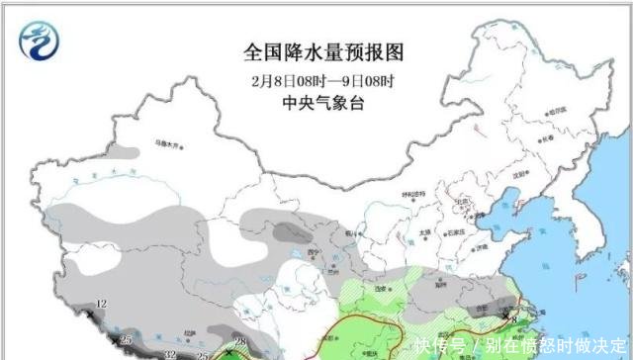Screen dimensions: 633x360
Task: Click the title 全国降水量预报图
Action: pyautogui.click(x=323, y=49)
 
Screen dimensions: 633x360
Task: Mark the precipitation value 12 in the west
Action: pyautogui.click(x=101, y=303)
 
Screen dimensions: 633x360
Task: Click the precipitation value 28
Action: pyautogui.click(x=238, y=339)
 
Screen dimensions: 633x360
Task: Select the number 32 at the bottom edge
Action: pyautogui.click(x=170, y=353)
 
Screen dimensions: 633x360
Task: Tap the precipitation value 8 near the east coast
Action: pyautogui.click(x=514, y=316)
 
